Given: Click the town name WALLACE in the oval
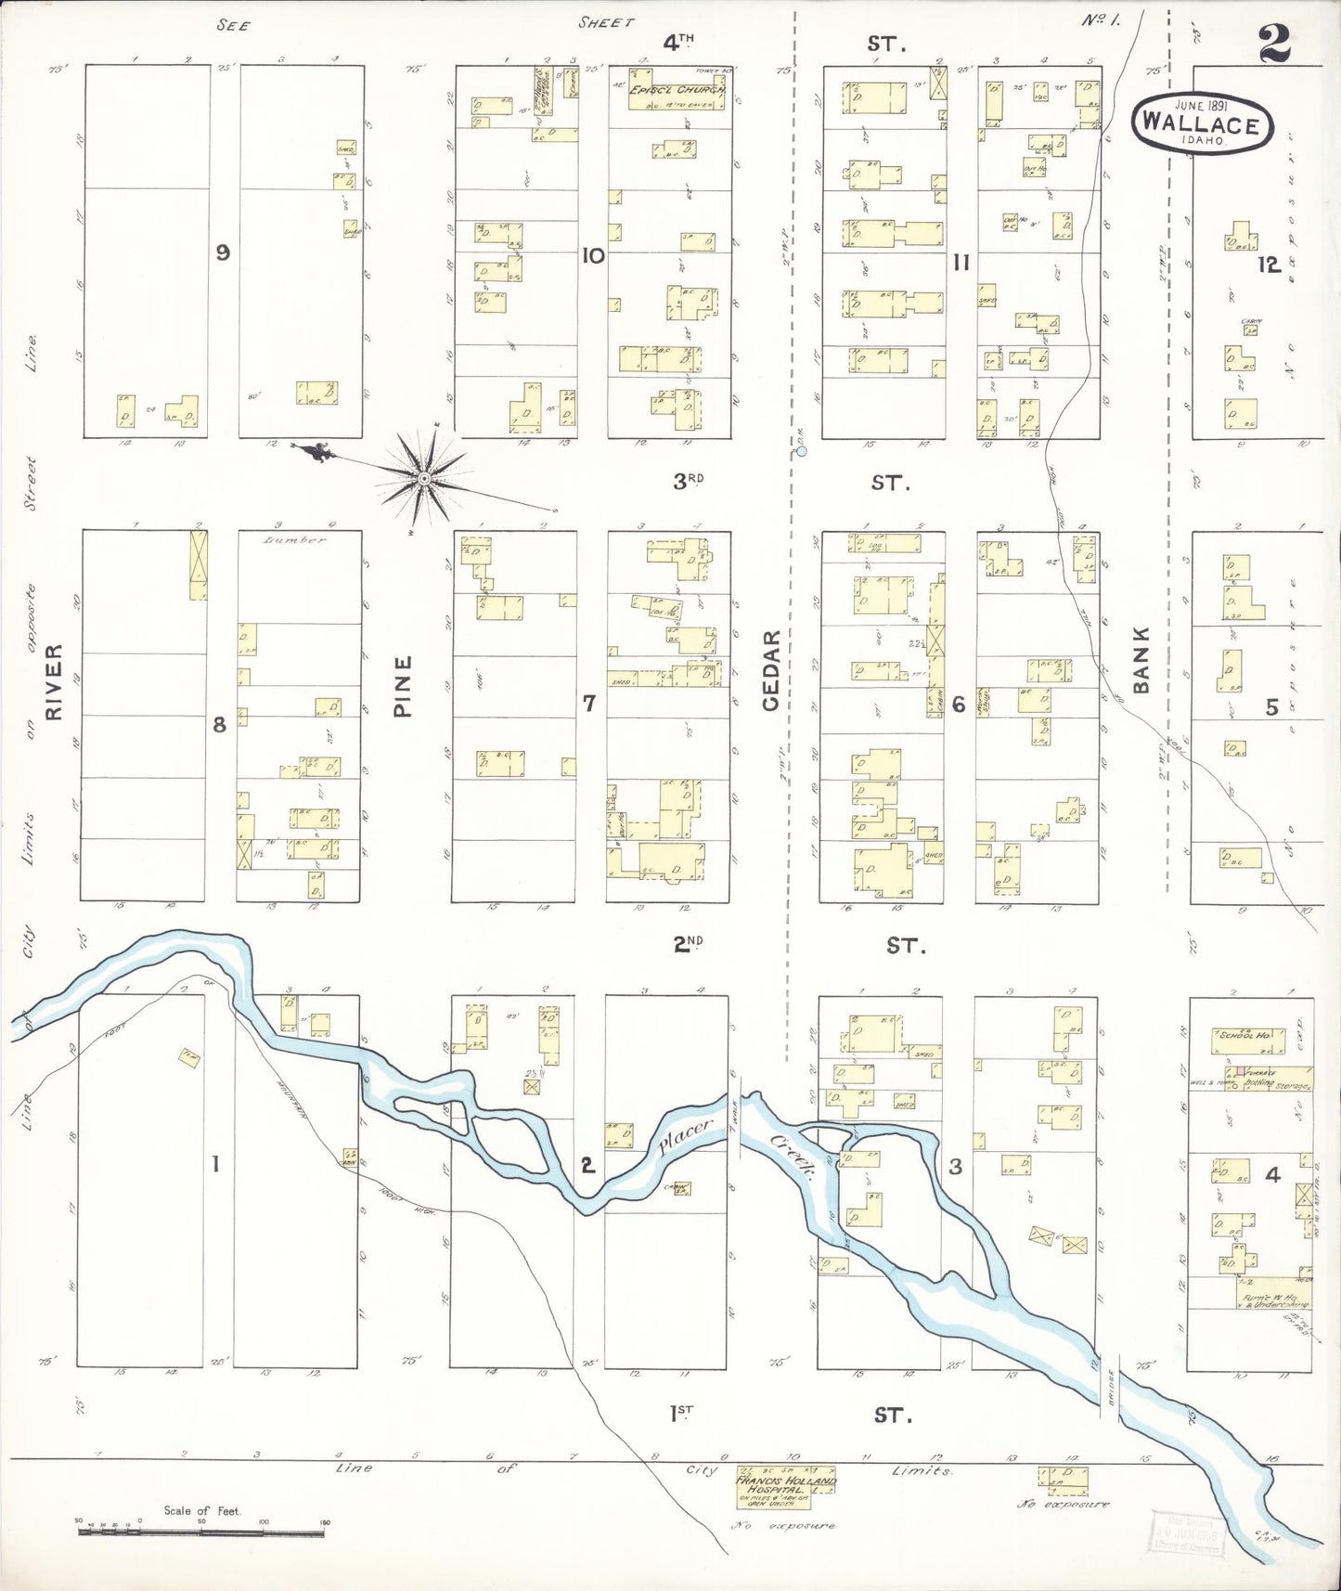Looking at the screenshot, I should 1201,123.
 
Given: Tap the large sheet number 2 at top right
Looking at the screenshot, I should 1282,44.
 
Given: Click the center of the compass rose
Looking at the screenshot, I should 424,478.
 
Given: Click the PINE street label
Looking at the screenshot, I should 402,686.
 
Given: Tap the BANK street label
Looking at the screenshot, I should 1141,659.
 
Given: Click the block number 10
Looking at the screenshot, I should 593,255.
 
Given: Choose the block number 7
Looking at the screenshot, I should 588,704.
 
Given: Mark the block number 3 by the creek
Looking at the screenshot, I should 955,1167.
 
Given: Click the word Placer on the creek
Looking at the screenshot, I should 685,1138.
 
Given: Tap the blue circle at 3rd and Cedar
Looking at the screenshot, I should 802,452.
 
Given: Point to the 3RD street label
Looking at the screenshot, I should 690,481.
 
